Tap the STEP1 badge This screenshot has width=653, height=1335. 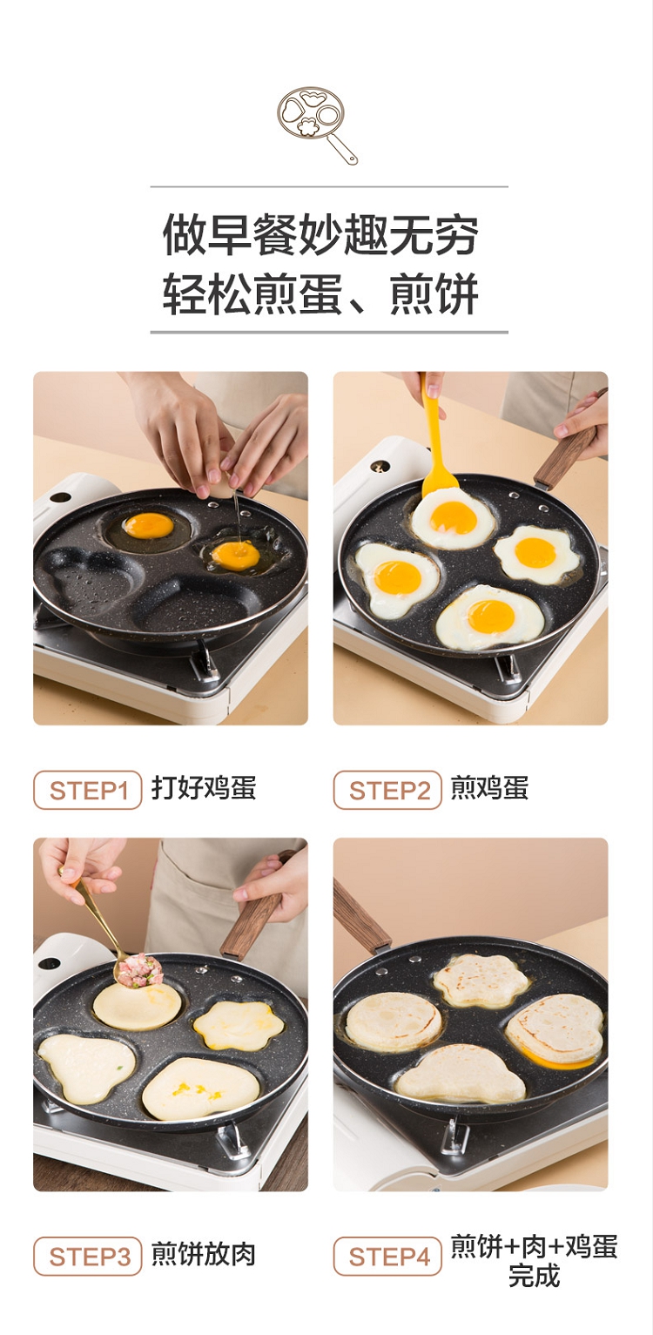88,790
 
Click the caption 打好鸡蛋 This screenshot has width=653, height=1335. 204,788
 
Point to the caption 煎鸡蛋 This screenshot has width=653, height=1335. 489,788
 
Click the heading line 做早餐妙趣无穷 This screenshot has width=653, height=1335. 320,234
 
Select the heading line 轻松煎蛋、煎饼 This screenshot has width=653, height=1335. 320,293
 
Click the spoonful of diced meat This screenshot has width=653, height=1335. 140,971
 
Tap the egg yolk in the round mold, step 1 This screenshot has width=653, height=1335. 148,525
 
